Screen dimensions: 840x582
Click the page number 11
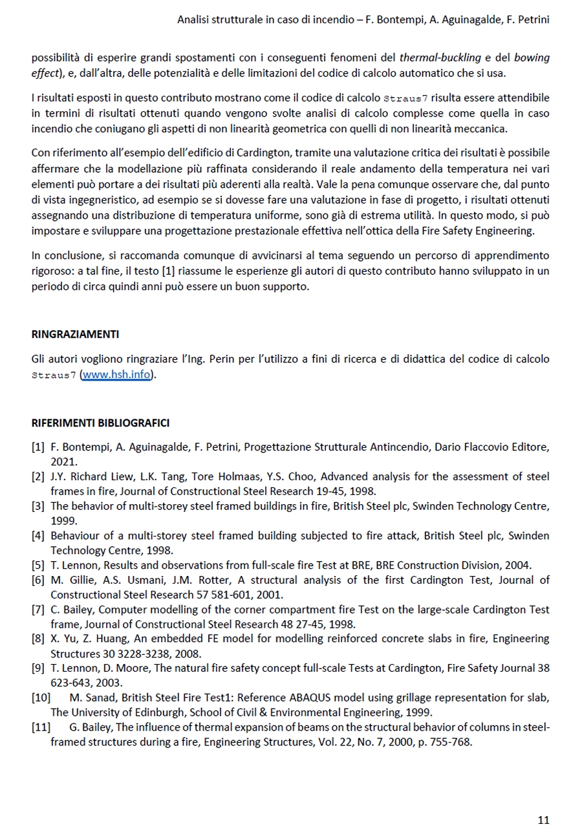[x=543, y=821]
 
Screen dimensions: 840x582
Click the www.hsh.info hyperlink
[x=117, y=375]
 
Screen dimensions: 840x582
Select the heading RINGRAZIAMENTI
[x=75, y=335]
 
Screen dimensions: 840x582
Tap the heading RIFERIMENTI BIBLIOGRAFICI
[x=100, y=423]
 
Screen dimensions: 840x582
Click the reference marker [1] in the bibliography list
[x=38, y=447]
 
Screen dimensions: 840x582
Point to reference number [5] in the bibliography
[x=38, y=565]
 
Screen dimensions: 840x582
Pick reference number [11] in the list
[x=40, y=727]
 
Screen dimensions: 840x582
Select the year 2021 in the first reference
[x=63, y=462]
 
